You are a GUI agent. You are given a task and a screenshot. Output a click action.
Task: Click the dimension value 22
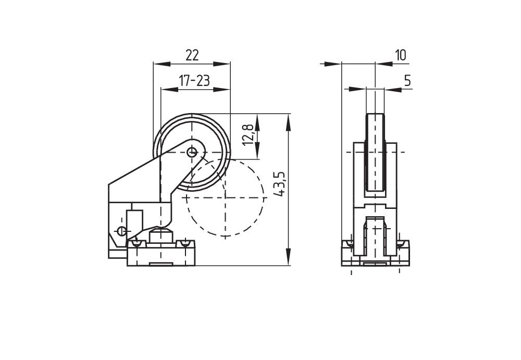click(192, 55)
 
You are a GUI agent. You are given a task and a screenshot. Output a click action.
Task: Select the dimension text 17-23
click(194, 81)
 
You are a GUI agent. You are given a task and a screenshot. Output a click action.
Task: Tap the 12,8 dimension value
click(248, 134)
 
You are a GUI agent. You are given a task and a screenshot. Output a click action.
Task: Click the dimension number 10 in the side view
click(401, 55)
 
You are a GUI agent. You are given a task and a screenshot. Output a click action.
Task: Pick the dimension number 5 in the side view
click(407, 81)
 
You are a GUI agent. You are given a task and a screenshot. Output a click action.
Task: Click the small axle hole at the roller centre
click(192, 152)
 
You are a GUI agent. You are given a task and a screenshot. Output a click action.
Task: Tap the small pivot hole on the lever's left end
click(121, 231)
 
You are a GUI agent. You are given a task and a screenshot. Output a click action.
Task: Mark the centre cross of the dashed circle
click(225, 197)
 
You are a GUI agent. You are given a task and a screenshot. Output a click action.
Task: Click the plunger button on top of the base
click(161, 235)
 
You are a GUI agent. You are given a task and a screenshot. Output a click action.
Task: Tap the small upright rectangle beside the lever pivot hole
click(134, 219)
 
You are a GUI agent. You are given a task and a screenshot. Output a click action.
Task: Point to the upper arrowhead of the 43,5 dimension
click(288, 120)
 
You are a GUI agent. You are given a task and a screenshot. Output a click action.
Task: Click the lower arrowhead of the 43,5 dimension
click(288, 258)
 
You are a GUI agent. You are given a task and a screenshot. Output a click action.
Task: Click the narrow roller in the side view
click(375, 152)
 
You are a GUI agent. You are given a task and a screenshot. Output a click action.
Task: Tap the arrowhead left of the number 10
click(334, 64)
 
